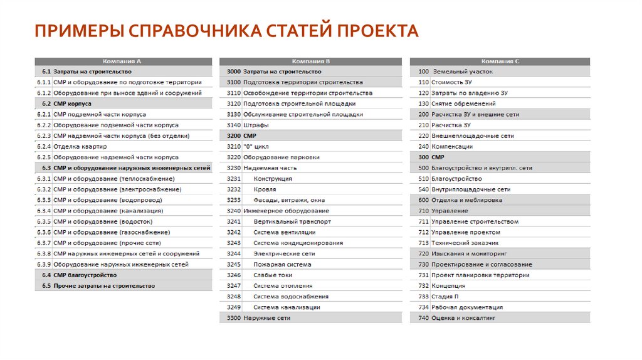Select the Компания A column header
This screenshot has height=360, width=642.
pyautogui.click(x=122, y=61)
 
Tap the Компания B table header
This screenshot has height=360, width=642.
pyautogui.click(x=311, y=61)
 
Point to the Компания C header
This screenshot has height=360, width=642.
pyautogui.click(x=500, y=61)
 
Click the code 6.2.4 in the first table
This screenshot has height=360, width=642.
pyautogui.click(x=43, y=147)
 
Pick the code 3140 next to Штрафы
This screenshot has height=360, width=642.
pyautogui.click(x=233, y=125)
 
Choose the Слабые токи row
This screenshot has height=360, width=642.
pyautogui.click(x=273, y=275)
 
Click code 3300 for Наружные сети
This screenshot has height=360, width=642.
pyautogui.click(x=233, y=318)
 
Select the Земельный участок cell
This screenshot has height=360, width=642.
pyautogui.click(x=458, y=72)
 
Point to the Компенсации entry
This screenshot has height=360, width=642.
pyautogui.click(x=452, y=147)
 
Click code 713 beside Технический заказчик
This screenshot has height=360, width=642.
pyautogui.click(x=423, y=243)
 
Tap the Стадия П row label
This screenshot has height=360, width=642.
pyautogui.click(x=445, y=297)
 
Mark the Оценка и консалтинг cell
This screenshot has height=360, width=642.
pyautogui.click(x=463, y=318)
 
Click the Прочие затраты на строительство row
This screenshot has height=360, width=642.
pyautogui.click(x=104, y=286)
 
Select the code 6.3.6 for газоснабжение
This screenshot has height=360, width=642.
pyautogui.click(x=43, y=232)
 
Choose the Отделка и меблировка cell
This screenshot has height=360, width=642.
pyautogui.click(x=466, y=200)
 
